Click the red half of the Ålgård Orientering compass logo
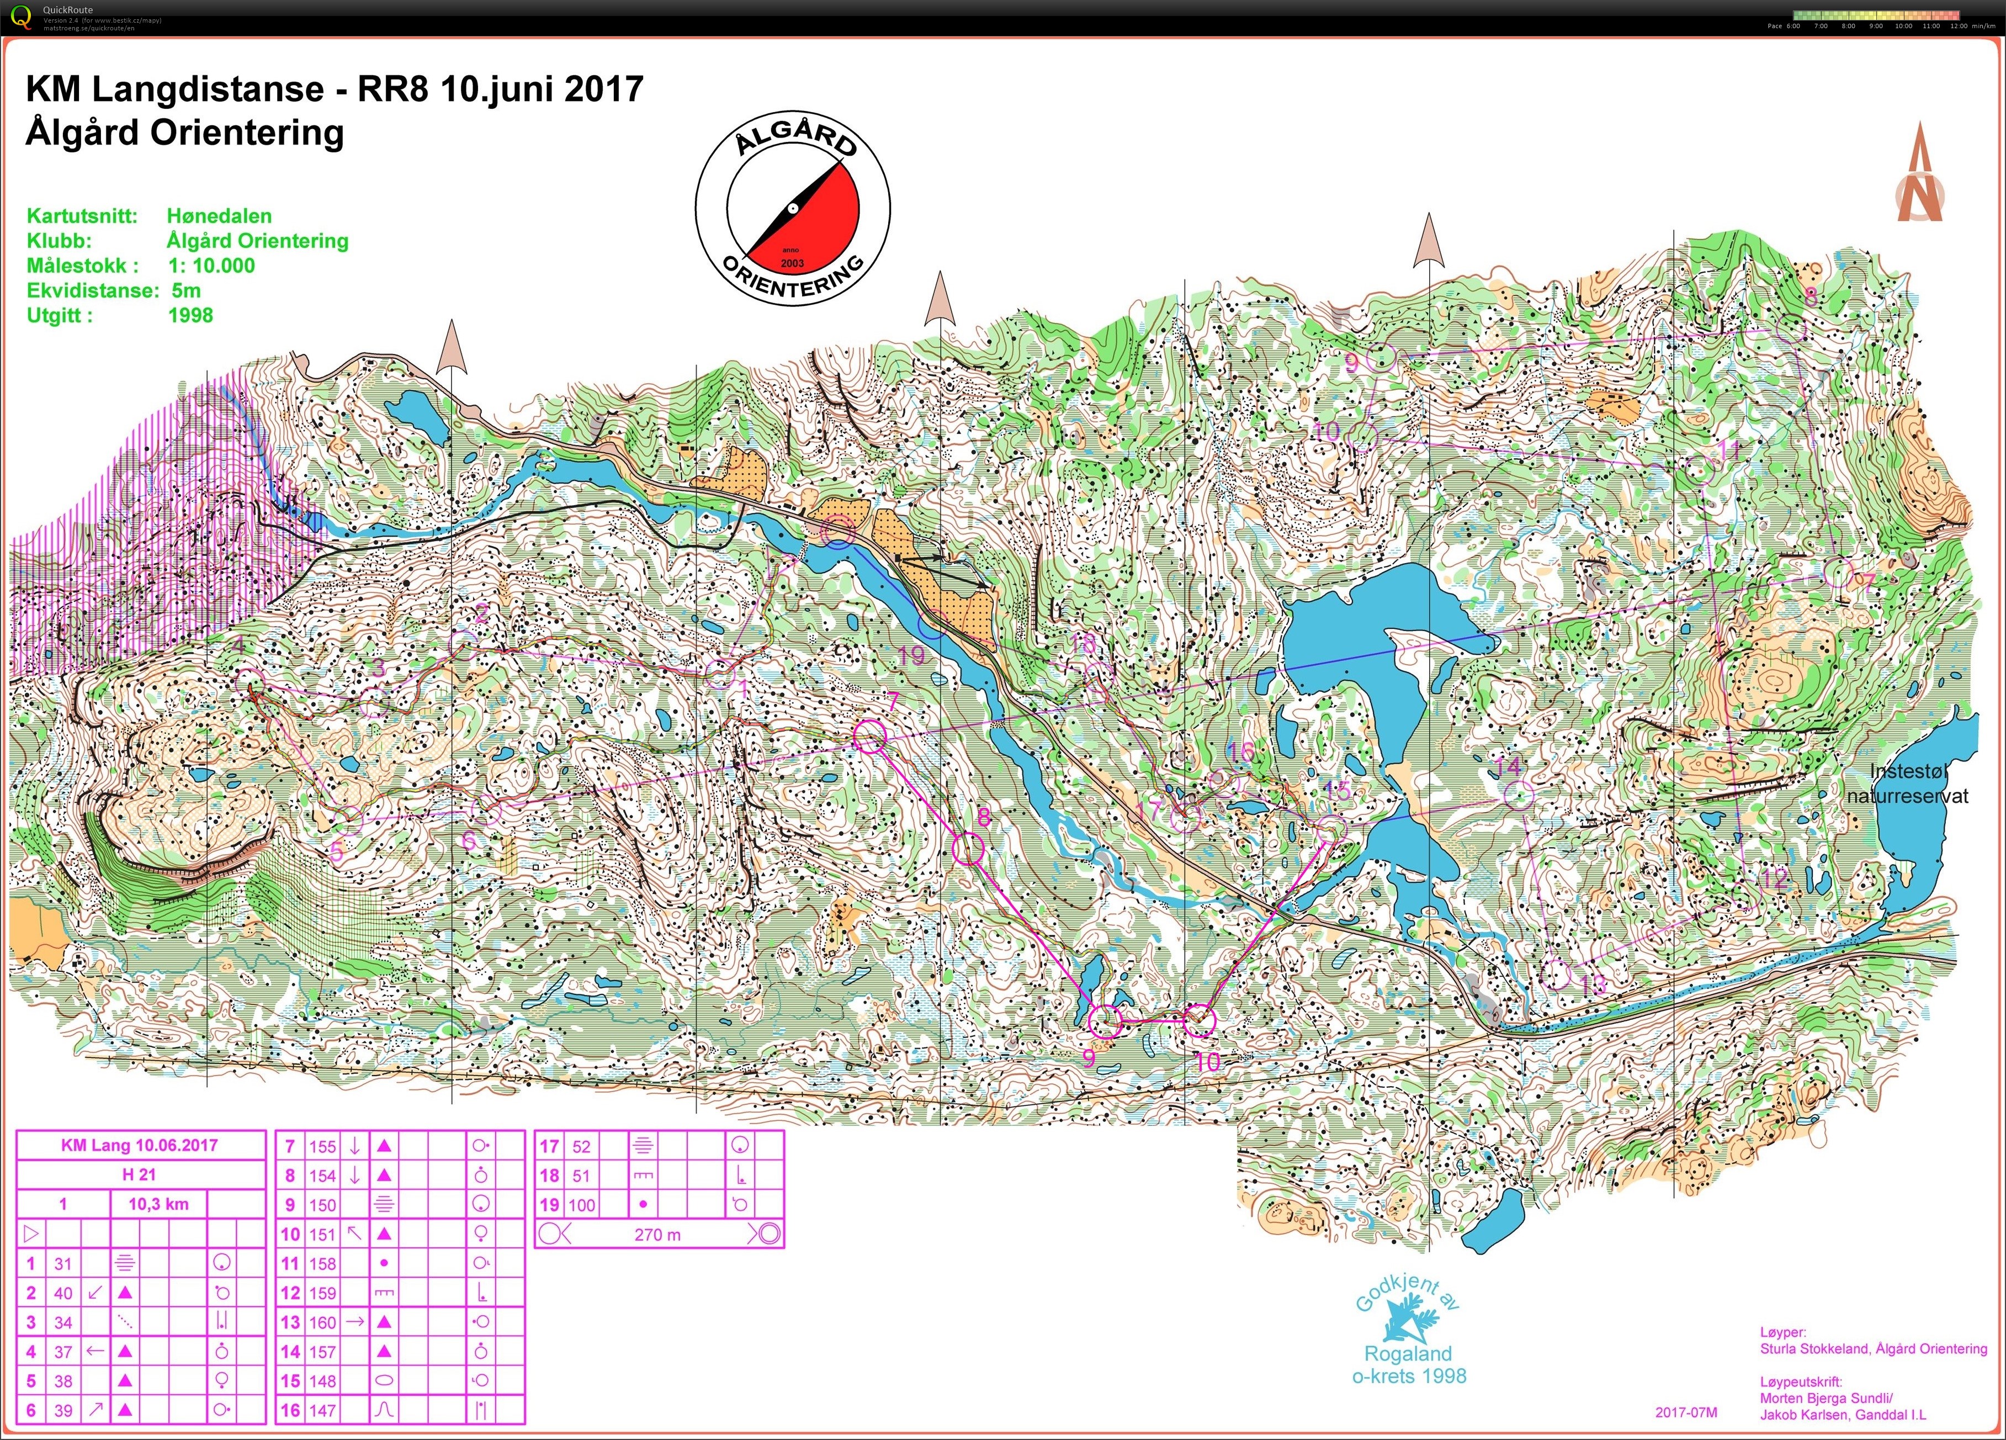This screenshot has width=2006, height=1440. (x=822, y=212)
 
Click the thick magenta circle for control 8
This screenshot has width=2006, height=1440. (x=969, y=849)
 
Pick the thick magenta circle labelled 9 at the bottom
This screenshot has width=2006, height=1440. (x=1105, y=1021)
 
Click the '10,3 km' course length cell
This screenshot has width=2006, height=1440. (x=158, y=1204)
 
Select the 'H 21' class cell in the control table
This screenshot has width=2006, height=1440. (x=140, y=1174)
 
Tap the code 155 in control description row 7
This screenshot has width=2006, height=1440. (x=322, y=1146)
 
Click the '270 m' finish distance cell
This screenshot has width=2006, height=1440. (x=657, y=1235)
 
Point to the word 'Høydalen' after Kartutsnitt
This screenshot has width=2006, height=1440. (x=219, y=216)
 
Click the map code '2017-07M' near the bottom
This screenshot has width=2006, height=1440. (x=1686, y=1412)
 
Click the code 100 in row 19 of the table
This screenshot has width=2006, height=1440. (x=582, y=1205)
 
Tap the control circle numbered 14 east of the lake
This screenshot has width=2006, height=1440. (x=1518, y=795)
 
